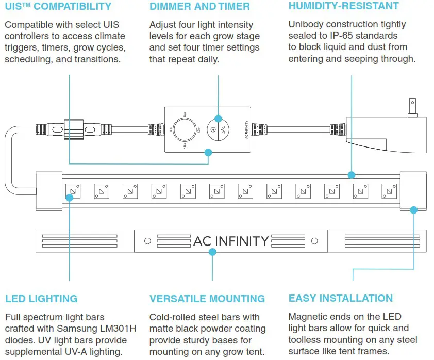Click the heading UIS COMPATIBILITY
click(x=58, y=7)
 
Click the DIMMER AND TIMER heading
click(x=199, y=7)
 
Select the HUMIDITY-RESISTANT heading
click(x=343, y=6)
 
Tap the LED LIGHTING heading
click(x=41, y=299)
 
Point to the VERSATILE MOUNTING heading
click(x=207, y=299)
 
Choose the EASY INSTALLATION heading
click(x=340, y=298)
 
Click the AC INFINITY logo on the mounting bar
click(x=230, y=241)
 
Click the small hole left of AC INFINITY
click(x=147, y=241)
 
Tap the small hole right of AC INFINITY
click(x=314, y=241)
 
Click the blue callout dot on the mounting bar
click(x=212, y=251)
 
